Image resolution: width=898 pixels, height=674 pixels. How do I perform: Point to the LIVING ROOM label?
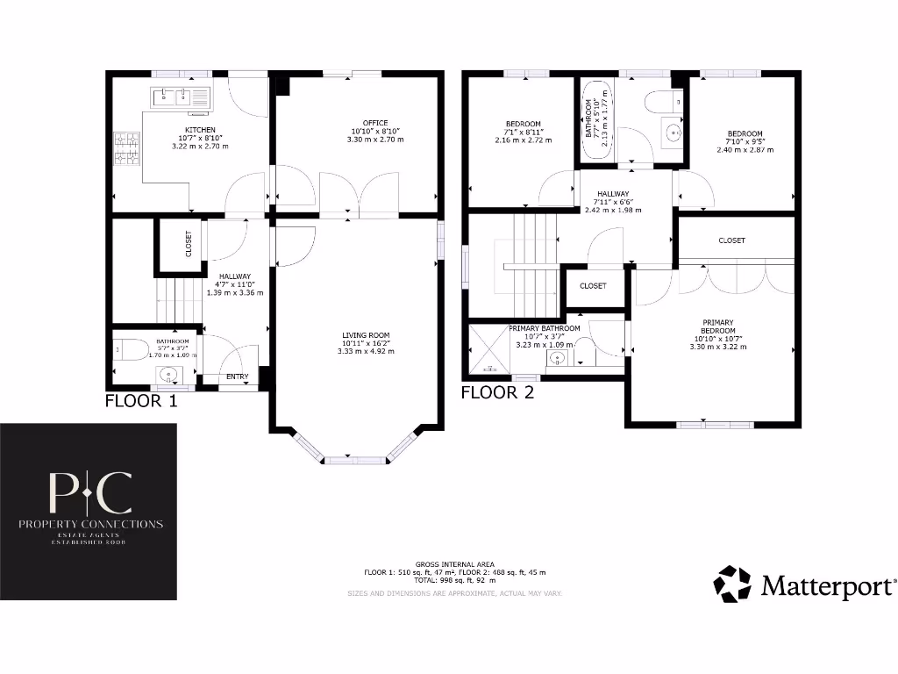366,335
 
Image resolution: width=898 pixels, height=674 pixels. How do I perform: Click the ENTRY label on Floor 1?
237,377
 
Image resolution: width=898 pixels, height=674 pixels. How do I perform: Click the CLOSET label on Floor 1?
189,243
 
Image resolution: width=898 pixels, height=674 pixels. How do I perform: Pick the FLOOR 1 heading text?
141,402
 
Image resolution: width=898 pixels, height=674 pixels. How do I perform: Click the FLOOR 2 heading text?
497,393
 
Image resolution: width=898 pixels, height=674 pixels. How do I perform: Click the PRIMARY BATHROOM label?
544,328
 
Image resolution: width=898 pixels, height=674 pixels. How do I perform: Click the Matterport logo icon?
732,584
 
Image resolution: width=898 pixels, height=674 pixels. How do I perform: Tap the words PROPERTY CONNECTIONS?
91,524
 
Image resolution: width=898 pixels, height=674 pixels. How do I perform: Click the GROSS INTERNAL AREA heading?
454,563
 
